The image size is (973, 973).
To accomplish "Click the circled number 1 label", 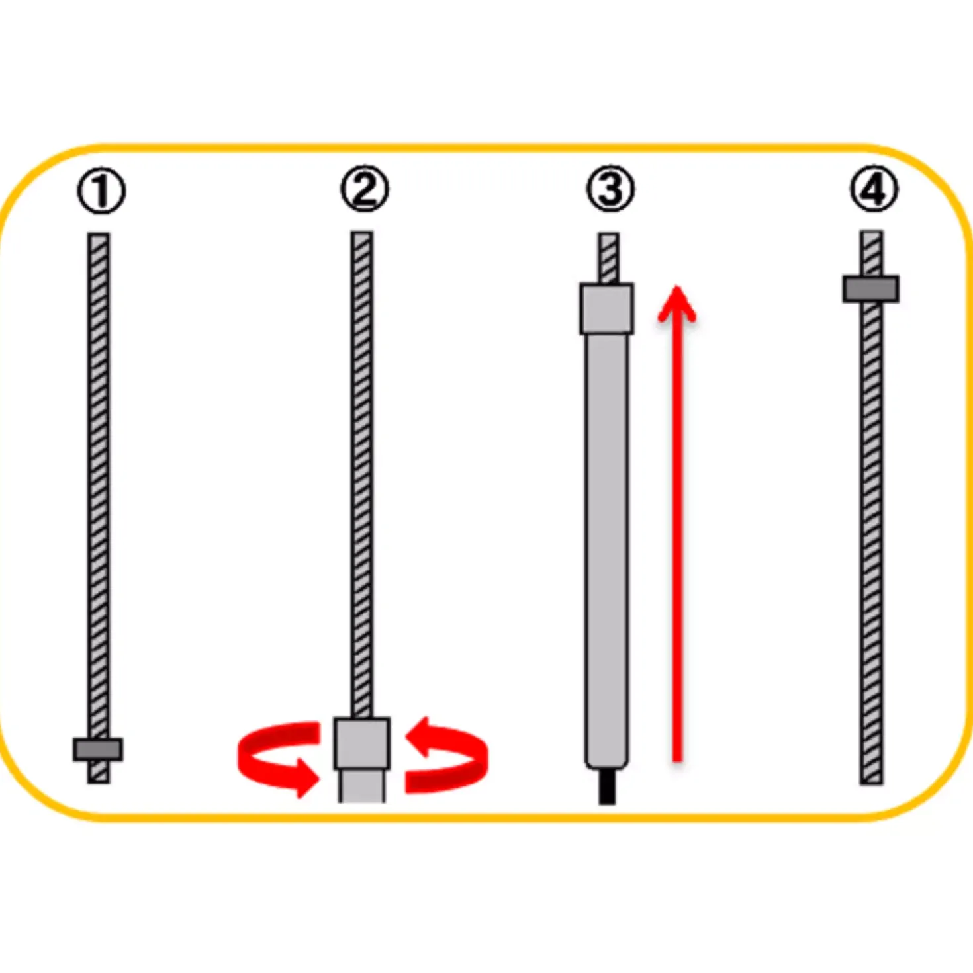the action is [101, 192].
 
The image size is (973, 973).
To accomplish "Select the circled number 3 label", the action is [610, 189].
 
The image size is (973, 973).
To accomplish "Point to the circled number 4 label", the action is [874, 189].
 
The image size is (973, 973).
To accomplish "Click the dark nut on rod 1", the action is [98, 749].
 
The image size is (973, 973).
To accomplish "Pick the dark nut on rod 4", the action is [870, 289].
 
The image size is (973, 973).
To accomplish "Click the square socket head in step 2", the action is [361, 743].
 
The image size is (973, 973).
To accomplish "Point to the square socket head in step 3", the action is [606, 308].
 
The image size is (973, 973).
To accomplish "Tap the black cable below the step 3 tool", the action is [607, 786].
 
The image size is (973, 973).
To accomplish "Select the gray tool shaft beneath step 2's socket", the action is [361, 786].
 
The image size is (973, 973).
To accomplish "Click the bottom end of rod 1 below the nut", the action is [98, 782].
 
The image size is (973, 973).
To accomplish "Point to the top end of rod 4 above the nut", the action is [872, 232].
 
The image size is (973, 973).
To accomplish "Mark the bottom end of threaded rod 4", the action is [872, 783].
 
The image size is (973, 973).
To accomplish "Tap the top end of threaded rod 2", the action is [362, 232].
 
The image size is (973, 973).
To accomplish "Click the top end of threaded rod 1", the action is [98, 233].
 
